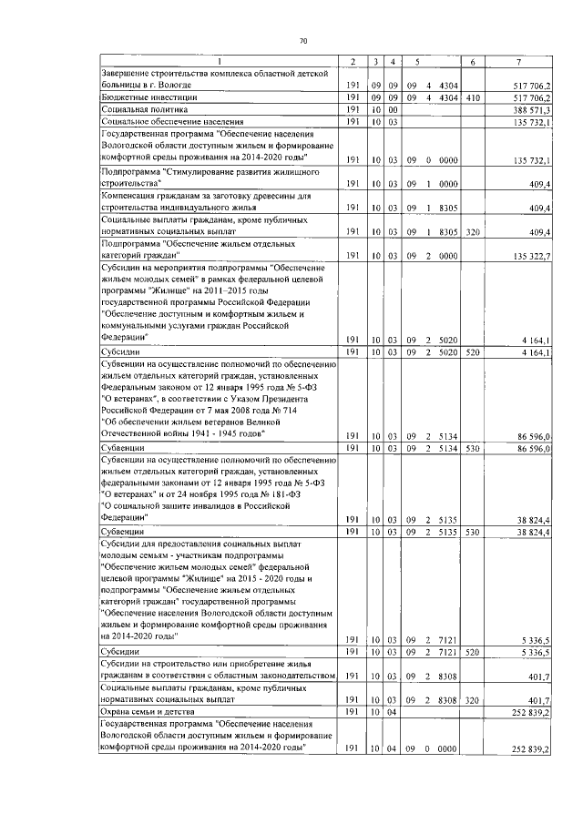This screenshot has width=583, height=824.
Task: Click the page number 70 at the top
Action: point(303,40)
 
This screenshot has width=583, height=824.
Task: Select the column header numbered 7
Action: point(518,61)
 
